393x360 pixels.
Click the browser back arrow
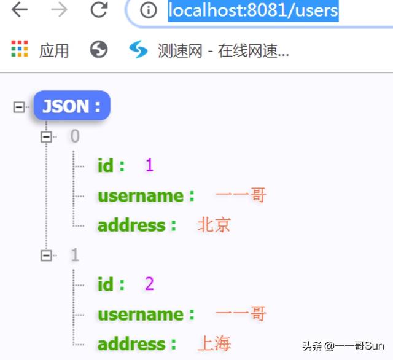tap(20, 10)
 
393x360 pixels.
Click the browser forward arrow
tap(60, 10)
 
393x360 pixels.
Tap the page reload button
tap(98, 10)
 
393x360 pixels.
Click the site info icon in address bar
tap(148, 10)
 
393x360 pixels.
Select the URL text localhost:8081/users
tap(253, 10)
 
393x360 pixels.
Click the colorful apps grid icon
tap(20, 50)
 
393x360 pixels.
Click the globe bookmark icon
tap(98, 50)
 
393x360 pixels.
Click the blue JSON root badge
tap(72, 106)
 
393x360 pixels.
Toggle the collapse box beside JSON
tap(19, 106)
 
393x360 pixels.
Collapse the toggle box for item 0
tap(46, 136)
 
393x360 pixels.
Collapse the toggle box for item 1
tap(46, 255)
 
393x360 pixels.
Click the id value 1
tap(149, 165)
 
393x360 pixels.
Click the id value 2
tap(149, 284)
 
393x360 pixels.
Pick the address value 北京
tap(214, 225)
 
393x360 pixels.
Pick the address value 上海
tap(214, 343)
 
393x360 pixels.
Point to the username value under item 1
tap(241, 314)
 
